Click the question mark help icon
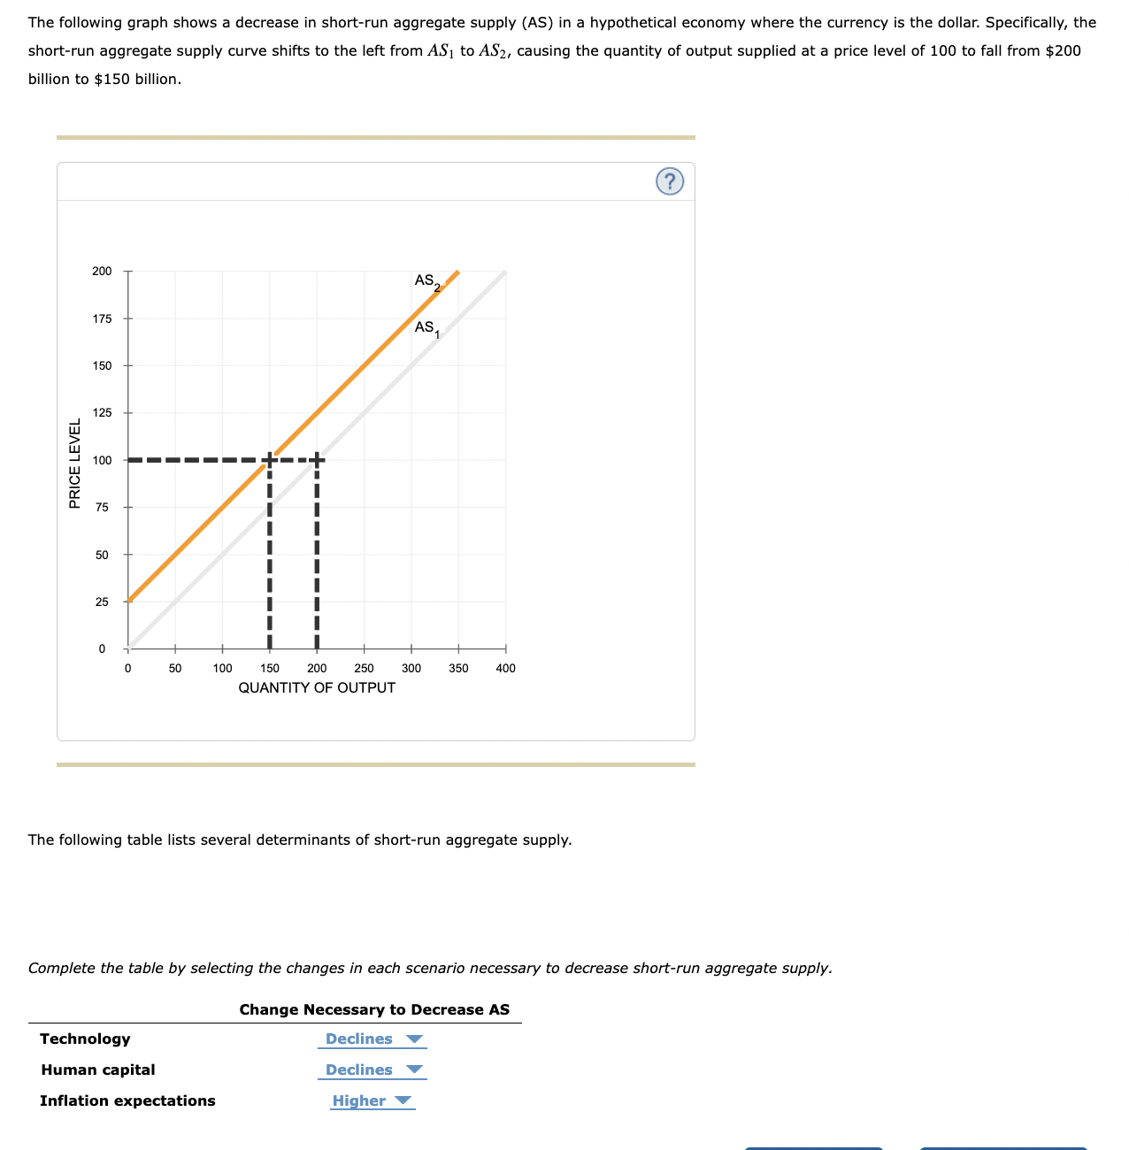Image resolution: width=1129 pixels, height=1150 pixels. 670,181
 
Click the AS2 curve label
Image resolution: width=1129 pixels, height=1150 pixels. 426,281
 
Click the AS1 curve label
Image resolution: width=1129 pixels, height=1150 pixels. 426,328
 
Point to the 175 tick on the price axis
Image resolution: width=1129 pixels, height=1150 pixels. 103,318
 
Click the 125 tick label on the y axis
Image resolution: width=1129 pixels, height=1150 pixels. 103,413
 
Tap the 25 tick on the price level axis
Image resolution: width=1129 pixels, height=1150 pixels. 103,602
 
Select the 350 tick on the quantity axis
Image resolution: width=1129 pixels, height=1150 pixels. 458,668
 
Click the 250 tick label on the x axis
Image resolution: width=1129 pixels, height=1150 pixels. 364,668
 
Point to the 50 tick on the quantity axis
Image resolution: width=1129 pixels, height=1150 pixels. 175,668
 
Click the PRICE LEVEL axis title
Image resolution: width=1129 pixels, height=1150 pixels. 75,463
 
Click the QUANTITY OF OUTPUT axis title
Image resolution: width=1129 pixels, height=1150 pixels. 317,688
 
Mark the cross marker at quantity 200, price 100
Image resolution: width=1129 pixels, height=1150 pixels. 317,459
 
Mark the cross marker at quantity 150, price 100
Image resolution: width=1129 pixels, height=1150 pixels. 269,459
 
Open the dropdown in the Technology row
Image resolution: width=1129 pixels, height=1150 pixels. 372,1039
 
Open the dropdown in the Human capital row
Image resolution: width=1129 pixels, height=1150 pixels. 372,1070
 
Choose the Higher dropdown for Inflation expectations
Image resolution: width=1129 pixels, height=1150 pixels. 372,1101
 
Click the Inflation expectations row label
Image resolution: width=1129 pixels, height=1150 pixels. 127,1101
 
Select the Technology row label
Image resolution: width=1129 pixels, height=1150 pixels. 85,1039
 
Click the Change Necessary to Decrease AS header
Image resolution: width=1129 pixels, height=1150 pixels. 374,1010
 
